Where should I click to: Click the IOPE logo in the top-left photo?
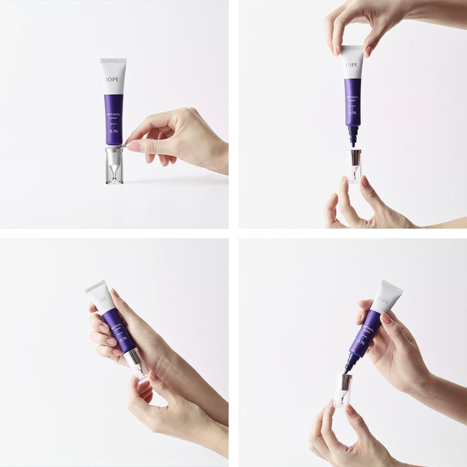click(113, 78)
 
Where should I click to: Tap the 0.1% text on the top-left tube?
click(113, 131)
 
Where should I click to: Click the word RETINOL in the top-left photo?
click(113, 114)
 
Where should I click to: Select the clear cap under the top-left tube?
click(114, 166)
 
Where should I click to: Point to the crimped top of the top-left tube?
click(113, 61)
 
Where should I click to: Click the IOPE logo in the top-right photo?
click(352, 65)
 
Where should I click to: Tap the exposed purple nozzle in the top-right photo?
click(353, 136)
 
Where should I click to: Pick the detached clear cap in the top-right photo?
click(353, 166)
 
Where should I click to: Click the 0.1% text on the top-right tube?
click(353, 113)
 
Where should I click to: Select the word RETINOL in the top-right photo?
click(353, 97)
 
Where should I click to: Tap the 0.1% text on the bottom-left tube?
click(123, 339)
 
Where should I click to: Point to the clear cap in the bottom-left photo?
click(137, 363)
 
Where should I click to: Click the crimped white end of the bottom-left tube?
click(95, 286)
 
